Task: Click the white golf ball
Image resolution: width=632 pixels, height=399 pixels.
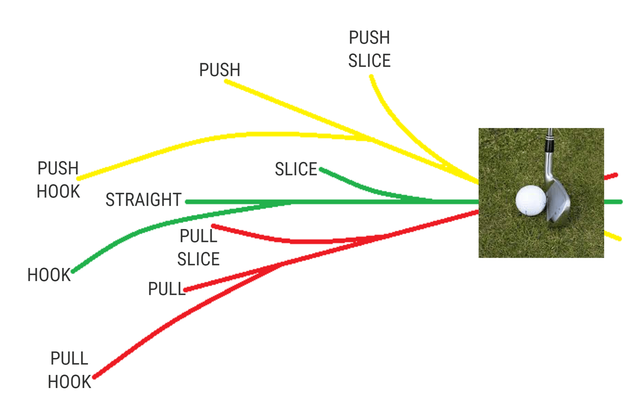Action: [x=531, y=200]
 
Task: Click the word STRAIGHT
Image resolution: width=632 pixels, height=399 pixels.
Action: [x=144, y=200]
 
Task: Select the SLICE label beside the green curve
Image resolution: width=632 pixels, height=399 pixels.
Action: [x=296, y=169]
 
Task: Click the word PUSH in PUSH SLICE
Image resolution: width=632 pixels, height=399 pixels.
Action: [x=369, y=37]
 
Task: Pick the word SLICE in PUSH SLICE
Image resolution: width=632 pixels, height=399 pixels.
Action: [x=369, y=61]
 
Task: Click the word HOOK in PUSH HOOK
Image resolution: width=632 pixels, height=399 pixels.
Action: [x=58, y=191]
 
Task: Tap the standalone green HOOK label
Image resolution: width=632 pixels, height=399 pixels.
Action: [x=49, y=275]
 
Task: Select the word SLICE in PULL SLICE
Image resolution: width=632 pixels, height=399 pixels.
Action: [x=198, y=259]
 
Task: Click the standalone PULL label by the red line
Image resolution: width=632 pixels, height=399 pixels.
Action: [x=166, y=289]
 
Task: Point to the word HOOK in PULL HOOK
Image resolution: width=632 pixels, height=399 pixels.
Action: [x=70, y=382]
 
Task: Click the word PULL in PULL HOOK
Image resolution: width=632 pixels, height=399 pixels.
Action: [x=70, y=359]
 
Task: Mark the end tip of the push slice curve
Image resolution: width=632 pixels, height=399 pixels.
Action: [x=371, y=76]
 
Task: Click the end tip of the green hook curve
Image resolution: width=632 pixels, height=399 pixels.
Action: [x=73, y=272]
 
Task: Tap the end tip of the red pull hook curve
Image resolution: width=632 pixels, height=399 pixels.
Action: [x=94, y=377]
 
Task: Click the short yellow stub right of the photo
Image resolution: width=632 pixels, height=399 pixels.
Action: [x=613, y=236]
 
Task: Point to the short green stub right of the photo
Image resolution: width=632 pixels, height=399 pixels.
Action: [x=613, y=202]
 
